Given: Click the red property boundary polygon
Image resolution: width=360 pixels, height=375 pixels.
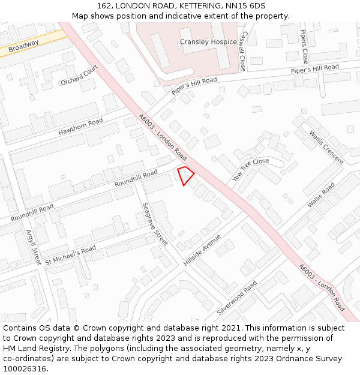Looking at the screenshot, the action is tap(186, 175).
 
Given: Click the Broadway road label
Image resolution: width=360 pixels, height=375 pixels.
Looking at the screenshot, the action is tap(24, 45).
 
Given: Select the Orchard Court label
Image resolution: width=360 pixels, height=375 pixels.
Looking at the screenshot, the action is tap(79, 76).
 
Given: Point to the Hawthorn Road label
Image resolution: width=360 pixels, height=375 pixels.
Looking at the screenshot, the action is tap(80, 127).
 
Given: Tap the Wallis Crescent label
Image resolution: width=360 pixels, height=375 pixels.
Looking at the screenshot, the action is tap(326, 148).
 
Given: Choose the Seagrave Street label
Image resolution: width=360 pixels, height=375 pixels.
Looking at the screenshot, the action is tap(155, 223).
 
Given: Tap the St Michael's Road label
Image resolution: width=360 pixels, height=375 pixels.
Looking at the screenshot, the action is tap(70, 254).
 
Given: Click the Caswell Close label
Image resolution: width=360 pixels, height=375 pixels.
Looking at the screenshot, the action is tap(243, 52).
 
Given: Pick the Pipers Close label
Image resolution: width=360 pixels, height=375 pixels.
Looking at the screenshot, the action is tap(305, 47).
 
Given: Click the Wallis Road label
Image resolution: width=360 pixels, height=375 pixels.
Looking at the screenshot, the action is tap(321, 196).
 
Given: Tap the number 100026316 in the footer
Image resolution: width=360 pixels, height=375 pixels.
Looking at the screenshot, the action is tap(26, 368).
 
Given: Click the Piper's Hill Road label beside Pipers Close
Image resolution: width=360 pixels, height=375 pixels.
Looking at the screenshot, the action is tap(315, 69).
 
